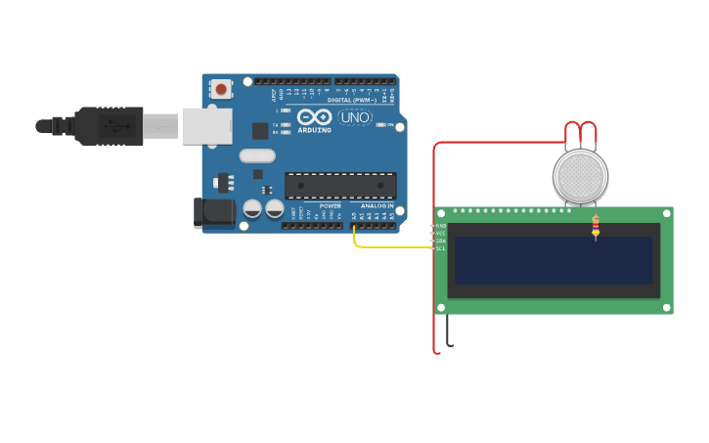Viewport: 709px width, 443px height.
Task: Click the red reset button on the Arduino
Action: click(221, 89)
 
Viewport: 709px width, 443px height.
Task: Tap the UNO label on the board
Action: click(354, 117)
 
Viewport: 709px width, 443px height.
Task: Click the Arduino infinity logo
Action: click(314, 116)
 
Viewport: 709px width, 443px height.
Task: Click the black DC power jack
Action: click(212, 212)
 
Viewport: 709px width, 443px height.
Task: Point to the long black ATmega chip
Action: click(340, 185)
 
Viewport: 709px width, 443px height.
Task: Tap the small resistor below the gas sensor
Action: click(596, 228)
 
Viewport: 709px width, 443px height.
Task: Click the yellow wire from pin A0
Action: click(391, 246)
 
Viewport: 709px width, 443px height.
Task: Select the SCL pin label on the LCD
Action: click(440, 248)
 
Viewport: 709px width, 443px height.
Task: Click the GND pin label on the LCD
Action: click(440, 226)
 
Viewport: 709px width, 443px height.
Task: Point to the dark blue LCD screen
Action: click(554, 260)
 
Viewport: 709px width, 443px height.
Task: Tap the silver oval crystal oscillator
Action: click(257, 155)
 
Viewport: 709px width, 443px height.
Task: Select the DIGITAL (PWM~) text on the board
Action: click(353, 100)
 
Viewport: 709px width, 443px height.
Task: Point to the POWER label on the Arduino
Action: click(330, 206)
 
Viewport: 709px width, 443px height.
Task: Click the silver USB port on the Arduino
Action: click(207, 125)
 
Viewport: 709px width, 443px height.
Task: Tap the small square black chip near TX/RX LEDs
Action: click(260, 130)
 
